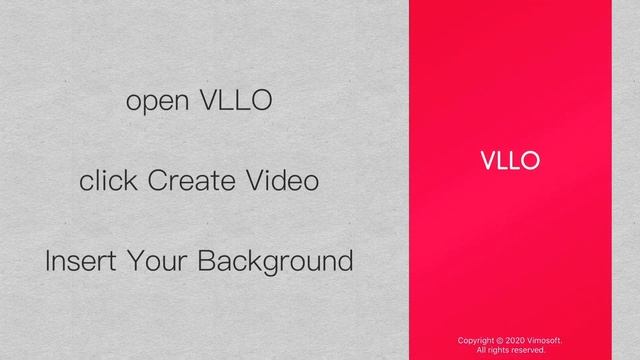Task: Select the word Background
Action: pyautogui.click(x=275, y=262)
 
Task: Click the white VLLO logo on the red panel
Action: pyautogui.click(x=510, y=161)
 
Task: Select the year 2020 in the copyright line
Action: pyautogui.click(x=517, y=341)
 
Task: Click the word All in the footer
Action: pyautogui.click(x=482, y=350)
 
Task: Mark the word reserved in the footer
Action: pyautogui.click(x=529, y=350)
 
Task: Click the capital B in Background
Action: pyautogui.click(x=205, y=262)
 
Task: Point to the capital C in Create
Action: pyautogui.click(x=156, y=181)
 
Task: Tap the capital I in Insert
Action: pyautogui.click(x=49, y=262)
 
